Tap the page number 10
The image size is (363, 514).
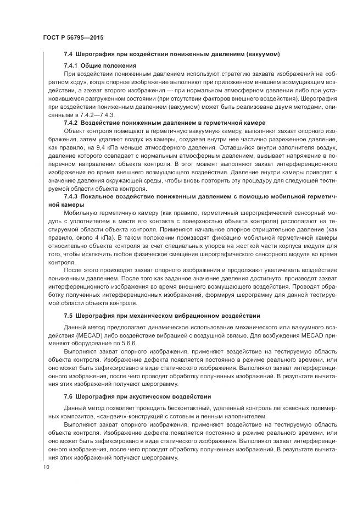coord(45,467)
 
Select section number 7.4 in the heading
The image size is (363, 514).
coord(68,54)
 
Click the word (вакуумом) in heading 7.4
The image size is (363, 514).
coord(262,54)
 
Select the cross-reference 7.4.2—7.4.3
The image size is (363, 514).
coord(98,115)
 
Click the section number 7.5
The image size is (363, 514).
coord(68,316)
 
